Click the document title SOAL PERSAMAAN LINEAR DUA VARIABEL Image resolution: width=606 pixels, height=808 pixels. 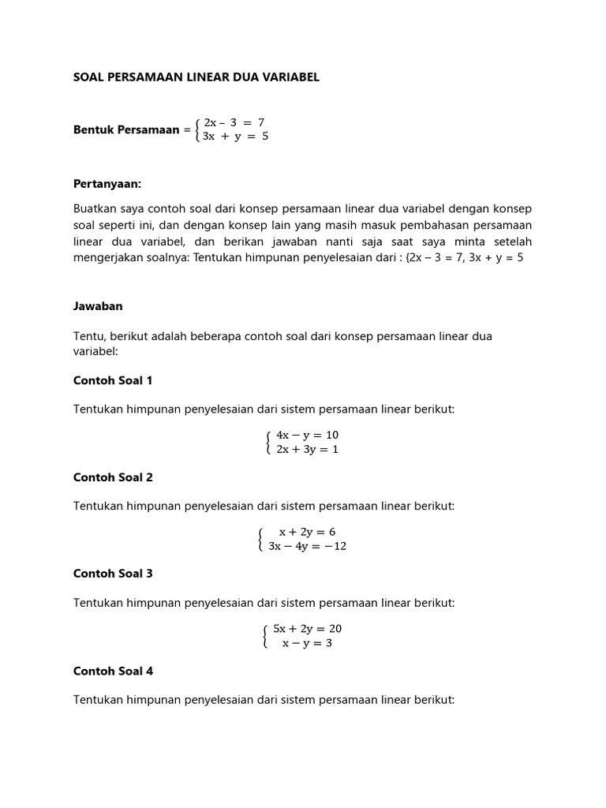[x=196, y=77]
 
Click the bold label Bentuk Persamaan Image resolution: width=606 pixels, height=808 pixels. [x=126, y=129]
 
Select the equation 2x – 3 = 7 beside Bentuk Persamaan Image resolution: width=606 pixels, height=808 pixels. [x=234, y=122]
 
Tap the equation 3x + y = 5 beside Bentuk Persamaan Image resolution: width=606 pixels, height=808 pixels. [x=236, y=136]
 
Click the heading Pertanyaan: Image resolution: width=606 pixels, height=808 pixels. [x=107, y=184]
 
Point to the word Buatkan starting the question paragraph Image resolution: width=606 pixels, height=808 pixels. [x=94, y=208]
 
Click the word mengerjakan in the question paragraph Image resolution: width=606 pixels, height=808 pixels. [x=110, y=257]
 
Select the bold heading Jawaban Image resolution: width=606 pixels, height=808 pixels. [x=98, y=306]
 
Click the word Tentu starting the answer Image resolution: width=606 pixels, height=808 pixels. [x=88, y=336]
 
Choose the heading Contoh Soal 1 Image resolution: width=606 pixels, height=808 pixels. [x=113, y=380]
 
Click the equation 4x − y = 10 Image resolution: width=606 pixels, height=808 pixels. [x=307, y=435]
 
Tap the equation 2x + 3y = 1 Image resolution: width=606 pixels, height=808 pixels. [x=307, y=450]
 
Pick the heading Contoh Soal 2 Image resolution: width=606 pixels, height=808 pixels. [x=113, y=477]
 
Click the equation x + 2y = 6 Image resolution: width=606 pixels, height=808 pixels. [x=307, y=532]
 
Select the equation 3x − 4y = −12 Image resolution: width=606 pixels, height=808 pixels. [x=307, y=546]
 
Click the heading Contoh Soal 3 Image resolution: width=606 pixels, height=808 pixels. [x=113, y=574]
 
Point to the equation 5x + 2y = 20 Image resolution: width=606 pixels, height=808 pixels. [x=307, y=629]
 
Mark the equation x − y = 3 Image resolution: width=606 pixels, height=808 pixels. [x=307, y=643]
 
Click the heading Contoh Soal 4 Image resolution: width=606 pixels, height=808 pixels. [x=113, y=671]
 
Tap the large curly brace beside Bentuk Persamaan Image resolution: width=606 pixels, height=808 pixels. [x=198, y=129]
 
